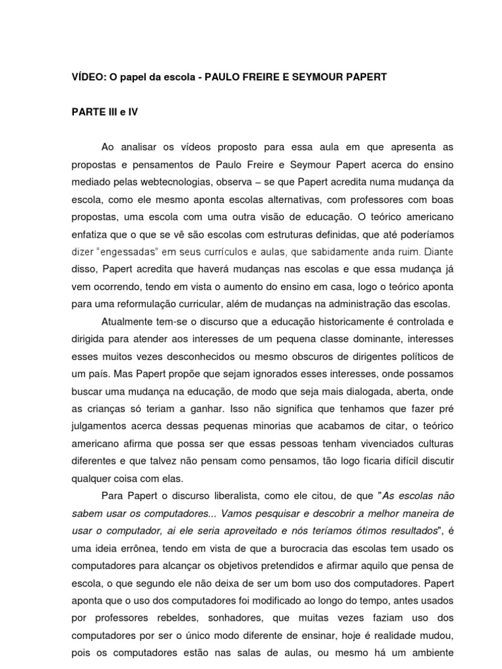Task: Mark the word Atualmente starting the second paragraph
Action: pyautogui.click(x=129, y=321)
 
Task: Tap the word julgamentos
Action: pyautogui.click(x=99, y=427)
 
